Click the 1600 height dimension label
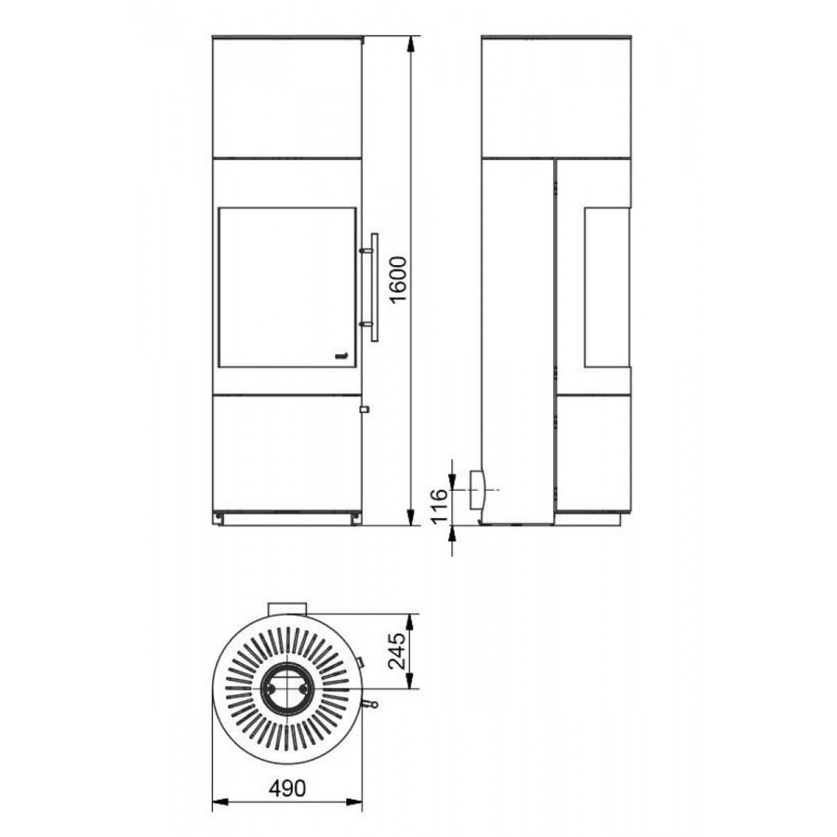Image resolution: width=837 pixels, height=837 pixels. pos(399,280)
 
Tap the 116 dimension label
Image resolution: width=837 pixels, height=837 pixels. pos(438,506)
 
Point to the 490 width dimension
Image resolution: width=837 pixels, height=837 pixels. pos(287,789)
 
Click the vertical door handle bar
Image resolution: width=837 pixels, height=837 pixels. pos(374,286)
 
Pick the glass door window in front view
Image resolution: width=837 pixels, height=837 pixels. pos(287,287)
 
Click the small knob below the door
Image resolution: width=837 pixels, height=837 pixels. pos(365,409)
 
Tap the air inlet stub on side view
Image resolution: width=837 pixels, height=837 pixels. pos(478,489)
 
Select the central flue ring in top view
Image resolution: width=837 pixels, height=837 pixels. pos(287,689)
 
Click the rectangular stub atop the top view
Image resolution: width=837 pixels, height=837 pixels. pos(287,608)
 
